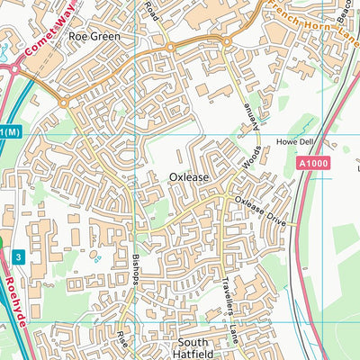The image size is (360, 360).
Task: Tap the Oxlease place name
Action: point(189,178)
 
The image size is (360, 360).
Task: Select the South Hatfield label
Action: point(192,348)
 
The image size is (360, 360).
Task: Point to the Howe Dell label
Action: point(292,142)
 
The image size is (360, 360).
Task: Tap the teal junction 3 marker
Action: point(18,256)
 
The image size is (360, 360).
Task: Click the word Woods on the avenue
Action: point(251,157)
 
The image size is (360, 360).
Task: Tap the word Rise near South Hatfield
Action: point(121,340)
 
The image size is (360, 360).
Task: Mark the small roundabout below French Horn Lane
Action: point(227,41)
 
